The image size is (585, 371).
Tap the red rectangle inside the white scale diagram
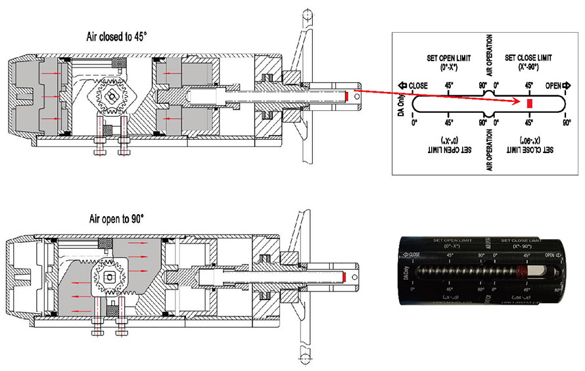529,104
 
